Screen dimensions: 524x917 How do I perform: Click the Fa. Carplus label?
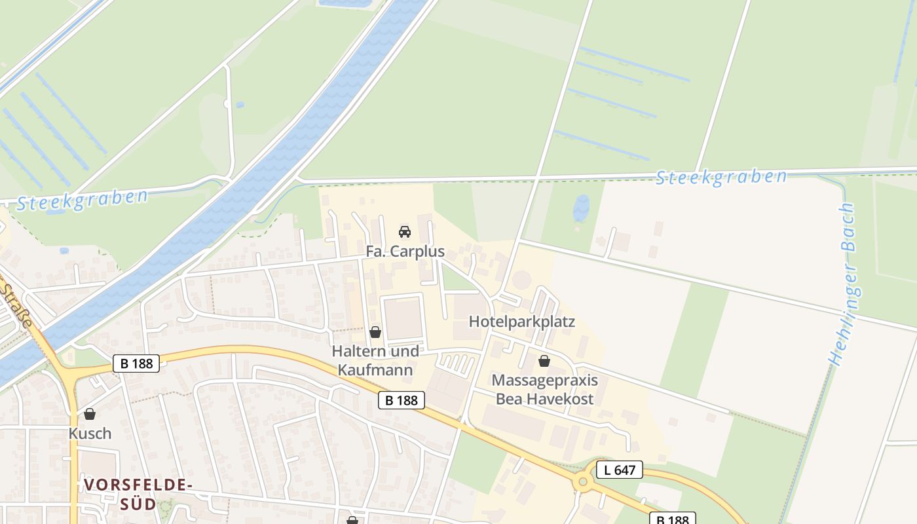coord(405,252)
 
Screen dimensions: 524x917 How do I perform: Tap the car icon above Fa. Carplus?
coord(405,232)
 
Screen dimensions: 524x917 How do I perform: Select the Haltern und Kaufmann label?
coord(375,361)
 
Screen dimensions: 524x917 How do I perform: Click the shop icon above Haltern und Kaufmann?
coord(375,333)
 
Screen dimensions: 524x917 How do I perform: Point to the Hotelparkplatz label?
coord(522,322)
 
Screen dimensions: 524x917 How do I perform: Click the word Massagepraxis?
coord(544,381)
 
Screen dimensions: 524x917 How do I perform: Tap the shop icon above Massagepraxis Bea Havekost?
coord(544,361)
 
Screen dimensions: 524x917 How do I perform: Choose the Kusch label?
coord(90,434)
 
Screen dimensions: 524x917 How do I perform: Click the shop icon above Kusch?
coord(90,414)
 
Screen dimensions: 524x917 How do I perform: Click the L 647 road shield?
coord(620,470)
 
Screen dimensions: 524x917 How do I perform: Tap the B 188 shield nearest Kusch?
coord(136,364)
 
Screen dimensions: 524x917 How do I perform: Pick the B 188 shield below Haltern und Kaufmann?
coord(402,400)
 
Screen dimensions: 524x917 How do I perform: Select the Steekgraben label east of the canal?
coord(721,177)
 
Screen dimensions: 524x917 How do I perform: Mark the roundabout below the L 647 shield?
coord(582,483)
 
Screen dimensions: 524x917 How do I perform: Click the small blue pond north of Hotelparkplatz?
coord(581,208)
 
